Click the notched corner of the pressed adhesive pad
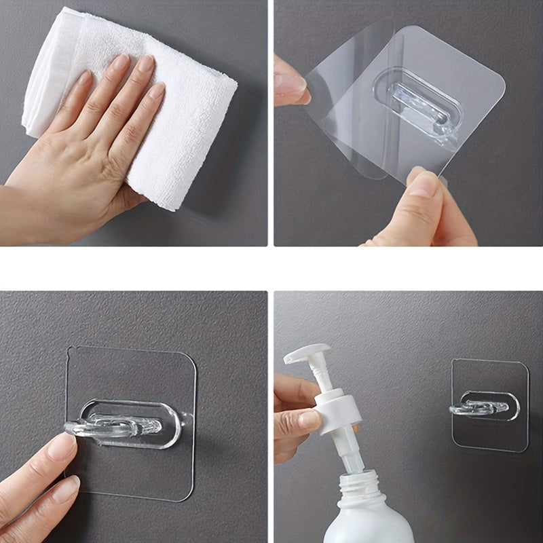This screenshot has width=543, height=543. pyautogui.click(x=70, y=351)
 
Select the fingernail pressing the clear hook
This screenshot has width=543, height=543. pyautogui.click(x=62, y=447)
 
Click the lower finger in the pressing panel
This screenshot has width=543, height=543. pyautogui.click(x=41, y=502)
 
